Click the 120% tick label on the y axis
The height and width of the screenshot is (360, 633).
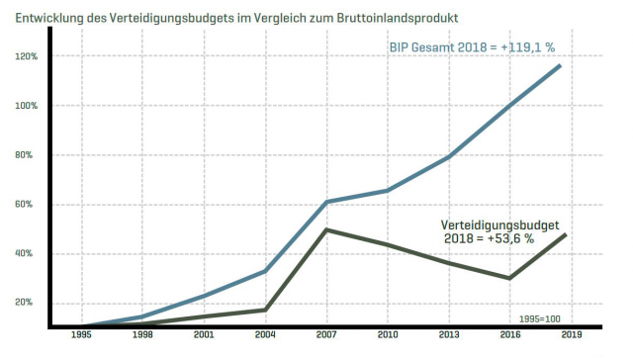(26, 56)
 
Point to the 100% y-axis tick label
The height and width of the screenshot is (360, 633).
(26, 106)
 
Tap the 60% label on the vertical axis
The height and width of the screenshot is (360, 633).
(28, 205)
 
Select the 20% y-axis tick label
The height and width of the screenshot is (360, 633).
(28, 304)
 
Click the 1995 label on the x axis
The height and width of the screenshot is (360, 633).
(83, 336)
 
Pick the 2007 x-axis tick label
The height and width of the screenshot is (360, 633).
(326, 336)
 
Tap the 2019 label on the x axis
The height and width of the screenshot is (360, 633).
(570, 336)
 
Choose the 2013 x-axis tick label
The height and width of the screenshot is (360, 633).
(448, 336)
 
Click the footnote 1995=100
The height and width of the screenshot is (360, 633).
(540, 318)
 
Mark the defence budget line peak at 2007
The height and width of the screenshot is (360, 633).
(326, 229)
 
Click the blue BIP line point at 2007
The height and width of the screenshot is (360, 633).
(326, 202)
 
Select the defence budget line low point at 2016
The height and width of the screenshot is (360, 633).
(509, 278)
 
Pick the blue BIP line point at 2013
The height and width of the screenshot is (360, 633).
(448, 157)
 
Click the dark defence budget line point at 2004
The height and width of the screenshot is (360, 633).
(265, 310)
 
